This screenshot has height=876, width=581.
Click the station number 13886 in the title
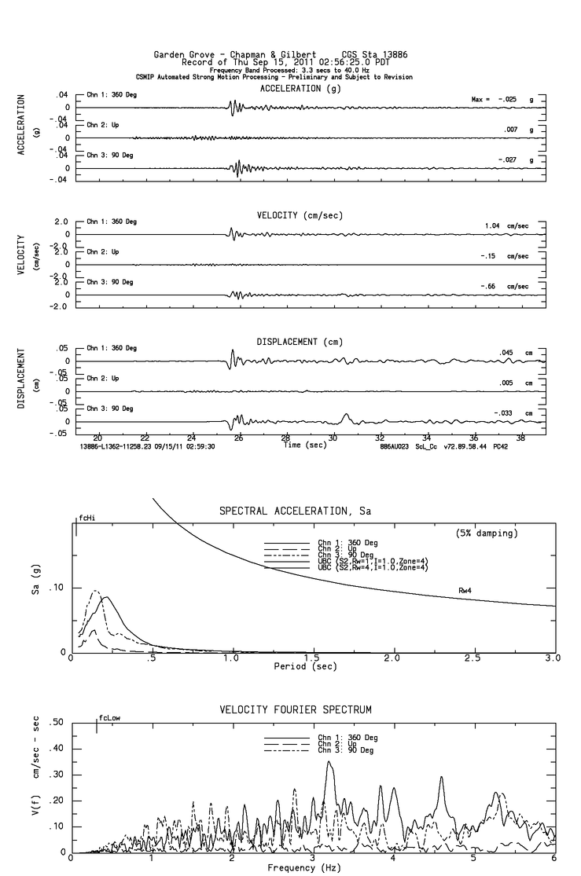pyautogui.click(x=392, y=55)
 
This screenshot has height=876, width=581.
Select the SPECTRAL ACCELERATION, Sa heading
pyautogui.click(x=294, y=511)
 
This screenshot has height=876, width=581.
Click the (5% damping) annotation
pyautogui.click(x=487, y=533)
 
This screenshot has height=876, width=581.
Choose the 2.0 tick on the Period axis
pyautogui.click(x=392, y=658)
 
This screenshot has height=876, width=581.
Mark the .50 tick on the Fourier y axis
pyautogui.click(x=57, y=723)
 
